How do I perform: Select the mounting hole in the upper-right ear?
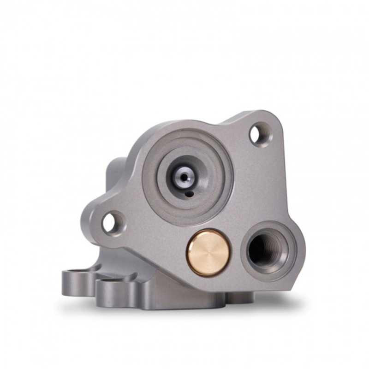[256, 134]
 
